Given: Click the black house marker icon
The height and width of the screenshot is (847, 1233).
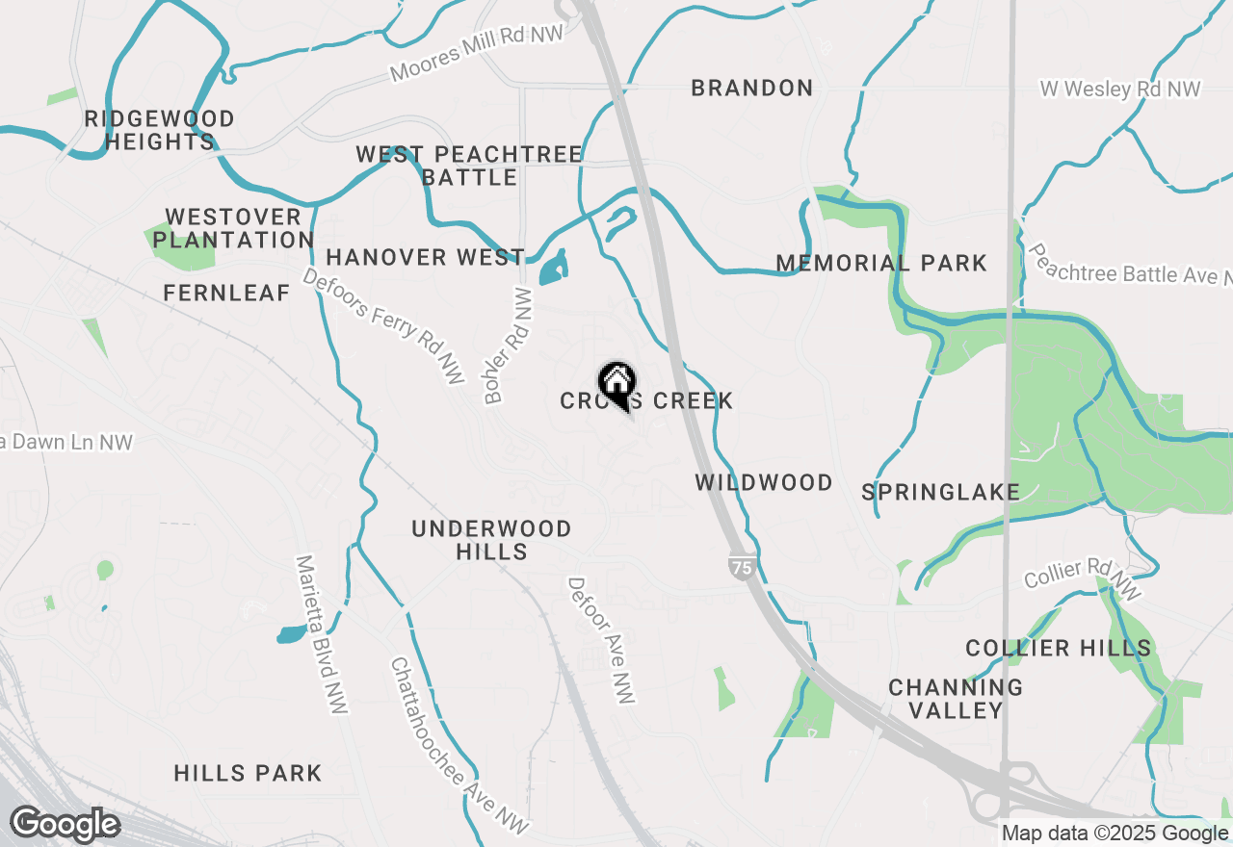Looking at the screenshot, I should [616, 383].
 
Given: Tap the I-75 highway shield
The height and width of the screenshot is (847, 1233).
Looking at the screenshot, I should [741, 567].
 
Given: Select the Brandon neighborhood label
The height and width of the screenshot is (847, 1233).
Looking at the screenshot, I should [752, 89].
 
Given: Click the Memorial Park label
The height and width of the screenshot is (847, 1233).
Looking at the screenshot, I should [881, 263].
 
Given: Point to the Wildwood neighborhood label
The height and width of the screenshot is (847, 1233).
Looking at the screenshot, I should [764, 482].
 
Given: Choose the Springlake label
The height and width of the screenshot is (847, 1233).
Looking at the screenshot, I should [940, 492].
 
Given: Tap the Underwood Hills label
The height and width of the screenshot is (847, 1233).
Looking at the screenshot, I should [491, 540].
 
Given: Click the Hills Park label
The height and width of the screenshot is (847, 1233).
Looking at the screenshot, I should [248, 773].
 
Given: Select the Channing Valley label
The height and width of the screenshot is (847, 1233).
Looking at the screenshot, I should [956, 699].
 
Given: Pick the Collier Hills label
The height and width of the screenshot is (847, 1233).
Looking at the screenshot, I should [1058, 648].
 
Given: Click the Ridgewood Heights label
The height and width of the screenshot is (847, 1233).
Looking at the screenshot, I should [159, 130].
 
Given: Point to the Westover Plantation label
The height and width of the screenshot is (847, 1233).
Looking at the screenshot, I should [232, 228].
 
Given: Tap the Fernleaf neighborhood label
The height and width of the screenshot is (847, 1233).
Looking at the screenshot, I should [226, 294].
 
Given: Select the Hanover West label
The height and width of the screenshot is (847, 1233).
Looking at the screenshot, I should [425, 257].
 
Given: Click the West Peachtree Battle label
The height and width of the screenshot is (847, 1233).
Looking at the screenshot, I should [469, 166].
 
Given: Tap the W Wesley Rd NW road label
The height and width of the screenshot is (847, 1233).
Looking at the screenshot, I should [1120, 90].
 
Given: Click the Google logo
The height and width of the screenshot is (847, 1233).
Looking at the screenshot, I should [65, 825].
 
